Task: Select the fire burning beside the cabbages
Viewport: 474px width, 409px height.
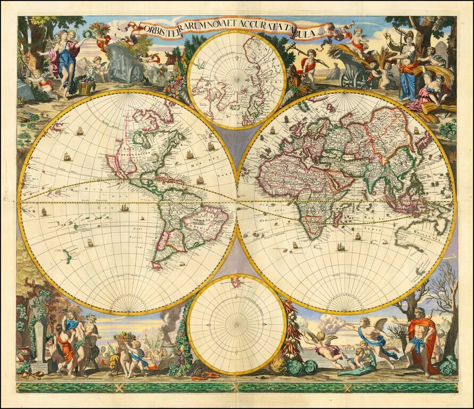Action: point(278,365)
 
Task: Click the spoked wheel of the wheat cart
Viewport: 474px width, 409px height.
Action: point(352,79)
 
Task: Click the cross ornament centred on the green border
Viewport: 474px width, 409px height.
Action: point(237,387)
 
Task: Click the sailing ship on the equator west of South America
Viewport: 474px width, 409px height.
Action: point(124,207)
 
